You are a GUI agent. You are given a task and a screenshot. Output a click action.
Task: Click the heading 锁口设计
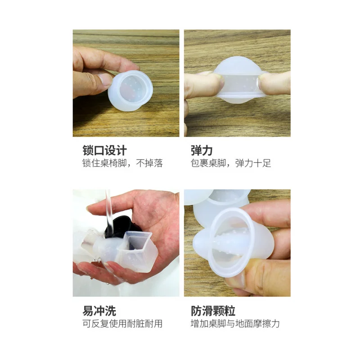[104, 150]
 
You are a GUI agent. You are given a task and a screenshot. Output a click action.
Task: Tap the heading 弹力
[201, 150]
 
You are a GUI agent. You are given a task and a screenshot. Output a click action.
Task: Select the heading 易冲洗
[99, 310]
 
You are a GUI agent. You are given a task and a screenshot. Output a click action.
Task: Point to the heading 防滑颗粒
[213, 310]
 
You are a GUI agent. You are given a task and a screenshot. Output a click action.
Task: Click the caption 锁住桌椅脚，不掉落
[122, 163]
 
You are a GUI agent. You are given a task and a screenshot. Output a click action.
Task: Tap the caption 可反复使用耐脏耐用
[122, 324]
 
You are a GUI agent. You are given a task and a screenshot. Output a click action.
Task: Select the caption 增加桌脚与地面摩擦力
[235, 324]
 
